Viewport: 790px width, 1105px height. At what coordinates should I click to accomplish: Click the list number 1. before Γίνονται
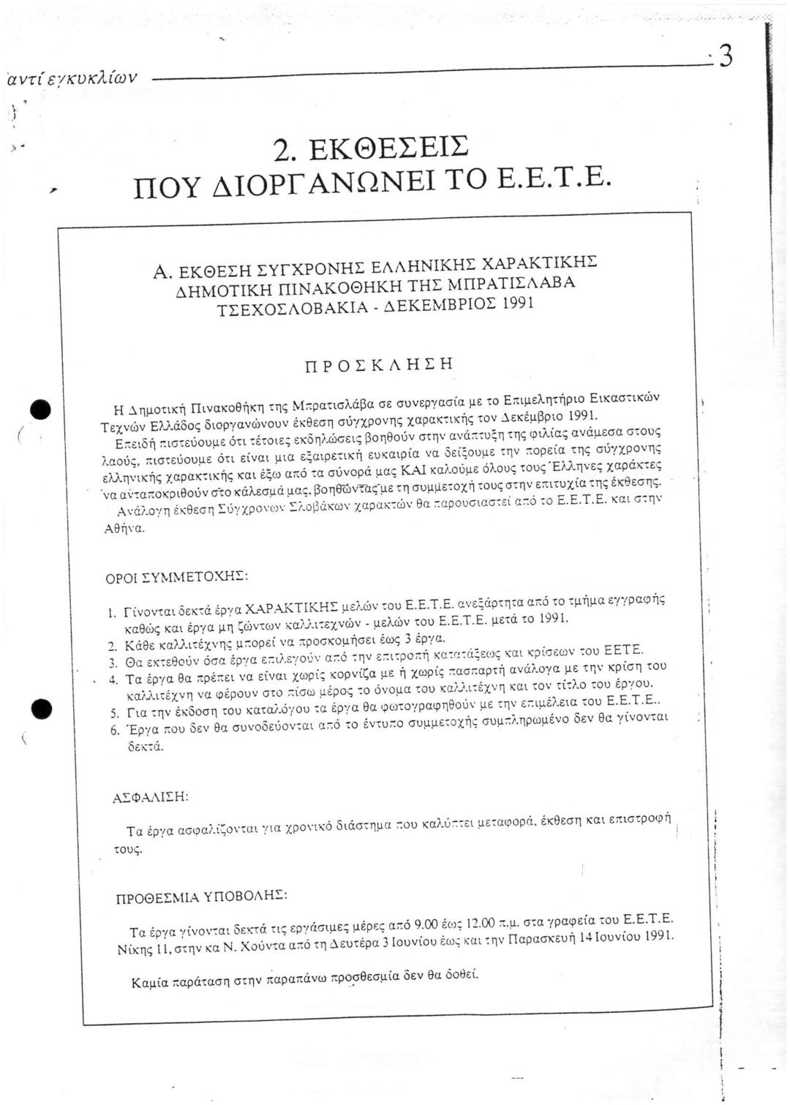click(112, 612)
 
